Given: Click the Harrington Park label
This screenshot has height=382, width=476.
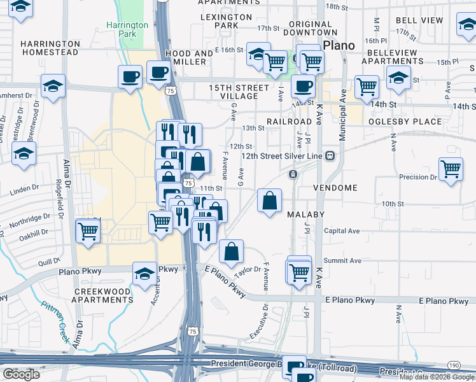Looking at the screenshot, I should pyautogui.click(x=127, y=29).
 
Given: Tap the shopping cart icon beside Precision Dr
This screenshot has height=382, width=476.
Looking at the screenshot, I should pyautogui.click(x=451, y=169).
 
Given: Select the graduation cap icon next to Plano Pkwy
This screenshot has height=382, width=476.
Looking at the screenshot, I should pyautogui.click(x=144, y=274).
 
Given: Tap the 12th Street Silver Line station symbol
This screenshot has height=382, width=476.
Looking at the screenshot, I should pyautogui.click(x=330, y=156).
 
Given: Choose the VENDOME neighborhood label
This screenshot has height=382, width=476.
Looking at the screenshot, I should pyautogui.click(x=335, y=188).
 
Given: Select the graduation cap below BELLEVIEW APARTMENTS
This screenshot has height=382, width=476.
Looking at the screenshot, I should pyautogui.click(x=399, y=78).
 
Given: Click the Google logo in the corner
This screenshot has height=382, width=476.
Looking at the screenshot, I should pyautogui.click(x=20, y=374).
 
